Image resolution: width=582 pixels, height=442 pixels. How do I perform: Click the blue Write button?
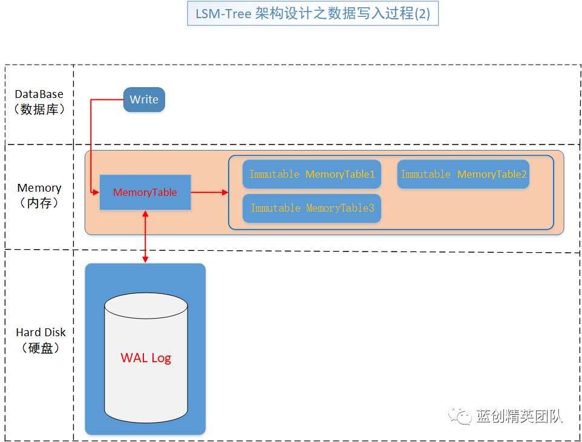144,99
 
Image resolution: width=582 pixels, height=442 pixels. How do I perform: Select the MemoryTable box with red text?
145,192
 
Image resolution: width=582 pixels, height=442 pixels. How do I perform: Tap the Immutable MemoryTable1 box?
312,174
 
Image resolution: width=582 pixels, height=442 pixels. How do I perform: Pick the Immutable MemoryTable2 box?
463,174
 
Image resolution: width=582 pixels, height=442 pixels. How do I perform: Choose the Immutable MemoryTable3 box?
312,208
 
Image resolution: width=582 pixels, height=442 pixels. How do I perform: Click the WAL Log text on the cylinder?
146,358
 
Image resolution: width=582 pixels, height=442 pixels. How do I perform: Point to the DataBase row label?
39,102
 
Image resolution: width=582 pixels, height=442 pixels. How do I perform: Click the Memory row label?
39,195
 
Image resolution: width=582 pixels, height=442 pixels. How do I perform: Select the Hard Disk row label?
41,340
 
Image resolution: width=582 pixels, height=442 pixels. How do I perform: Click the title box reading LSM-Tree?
313,13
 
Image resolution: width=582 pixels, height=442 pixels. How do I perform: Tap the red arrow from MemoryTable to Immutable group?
209,192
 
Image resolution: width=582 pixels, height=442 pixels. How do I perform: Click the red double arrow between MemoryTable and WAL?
145,237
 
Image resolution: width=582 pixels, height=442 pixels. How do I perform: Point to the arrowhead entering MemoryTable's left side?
96,192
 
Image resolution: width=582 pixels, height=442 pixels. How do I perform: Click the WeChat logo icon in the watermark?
460,415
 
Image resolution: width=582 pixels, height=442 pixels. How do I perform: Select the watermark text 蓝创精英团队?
519,416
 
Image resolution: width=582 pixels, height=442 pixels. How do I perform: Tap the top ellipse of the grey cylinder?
146,305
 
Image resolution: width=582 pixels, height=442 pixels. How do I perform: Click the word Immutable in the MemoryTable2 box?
426,174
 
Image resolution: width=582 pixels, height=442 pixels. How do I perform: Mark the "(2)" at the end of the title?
422,14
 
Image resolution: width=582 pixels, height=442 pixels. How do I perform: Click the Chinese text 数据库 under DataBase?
39,109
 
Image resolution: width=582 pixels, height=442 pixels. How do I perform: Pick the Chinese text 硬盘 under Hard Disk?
41,348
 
